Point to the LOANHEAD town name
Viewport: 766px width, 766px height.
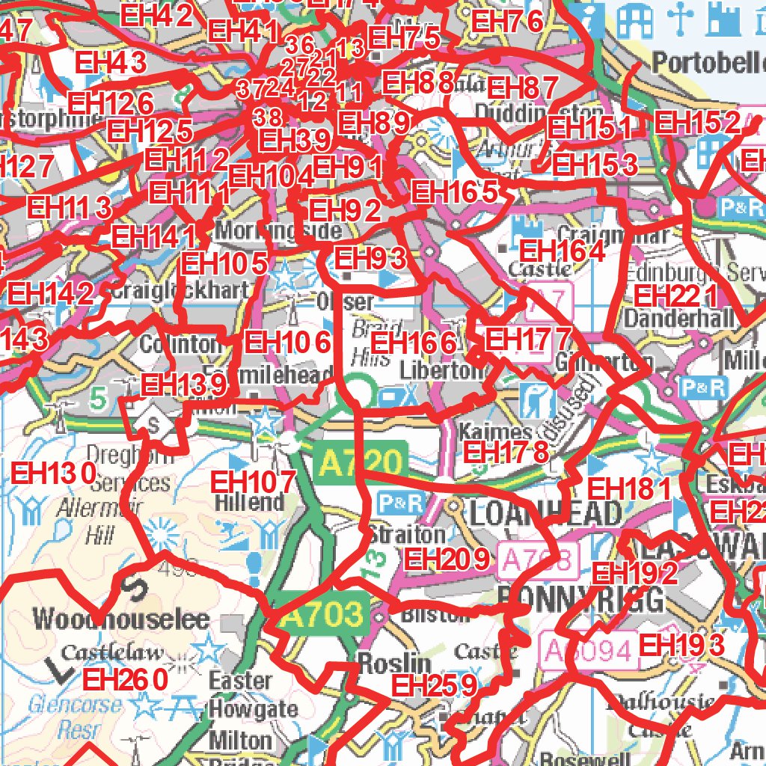(546, 514)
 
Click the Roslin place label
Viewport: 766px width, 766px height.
(394, 663)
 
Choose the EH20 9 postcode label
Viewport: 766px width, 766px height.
(446, 558)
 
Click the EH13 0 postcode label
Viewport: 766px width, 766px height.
(55, 473)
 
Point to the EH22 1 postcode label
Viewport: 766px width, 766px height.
(675, 295)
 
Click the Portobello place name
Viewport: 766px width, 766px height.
(708, 63)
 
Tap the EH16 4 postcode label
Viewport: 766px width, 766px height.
(563, 251)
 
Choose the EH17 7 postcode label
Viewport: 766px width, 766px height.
(528, 339)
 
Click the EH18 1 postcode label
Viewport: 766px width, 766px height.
(631, 489)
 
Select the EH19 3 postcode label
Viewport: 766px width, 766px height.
(683, 645)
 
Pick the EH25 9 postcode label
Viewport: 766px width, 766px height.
(434, 684)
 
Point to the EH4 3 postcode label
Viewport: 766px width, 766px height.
(111, 63)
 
